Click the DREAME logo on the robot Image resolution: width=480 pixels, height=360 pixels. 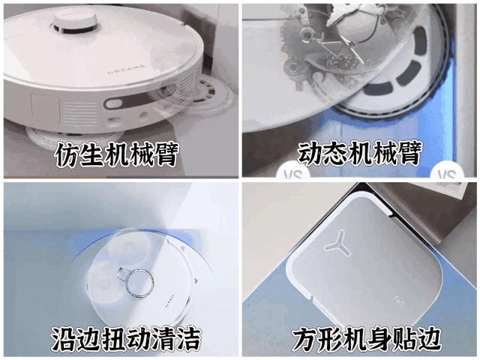click(x=127, y=69)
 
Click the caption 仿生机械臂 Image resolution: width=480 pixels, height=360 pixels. click(x=116, y=154)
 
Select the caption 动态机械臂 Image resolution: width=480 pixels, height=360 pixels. click(x=358, y=152)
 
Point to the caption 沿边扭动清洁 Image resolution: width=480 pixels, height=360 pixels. click(x=125, y=338)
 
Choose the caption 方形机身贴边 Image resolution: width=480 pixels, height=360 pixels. click(x=367, y=338)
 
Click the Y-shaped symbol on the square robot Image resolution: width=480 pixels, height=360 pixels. click(x=337, y=244)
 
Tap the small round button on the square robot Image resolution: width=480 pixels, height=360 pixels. click(x=400, y=299)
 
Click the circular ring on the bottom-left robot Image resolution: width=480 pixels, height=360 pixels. click(x=140, y=283)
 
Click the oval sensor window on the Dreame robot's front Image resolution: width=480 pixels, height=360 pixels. click(x=114, y=103)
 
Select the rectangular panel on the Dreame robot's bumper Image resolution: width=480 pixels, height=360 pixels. click(x=45, y=108)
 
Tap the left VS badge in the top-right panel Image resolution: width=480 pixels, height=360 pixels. click(x=293, y=171)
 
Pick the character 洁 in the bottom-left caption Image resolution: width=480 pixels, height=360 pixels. click(x=189, y=339)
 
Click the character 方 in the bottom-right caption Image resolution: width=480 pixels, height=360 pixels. click(x=303, y=339)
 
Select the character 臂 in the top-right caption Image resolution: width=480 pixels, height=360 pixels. click(x=409, y=153)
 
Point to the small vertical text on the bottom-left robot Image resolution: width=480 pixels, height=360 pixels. click(x=170, y=301)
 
